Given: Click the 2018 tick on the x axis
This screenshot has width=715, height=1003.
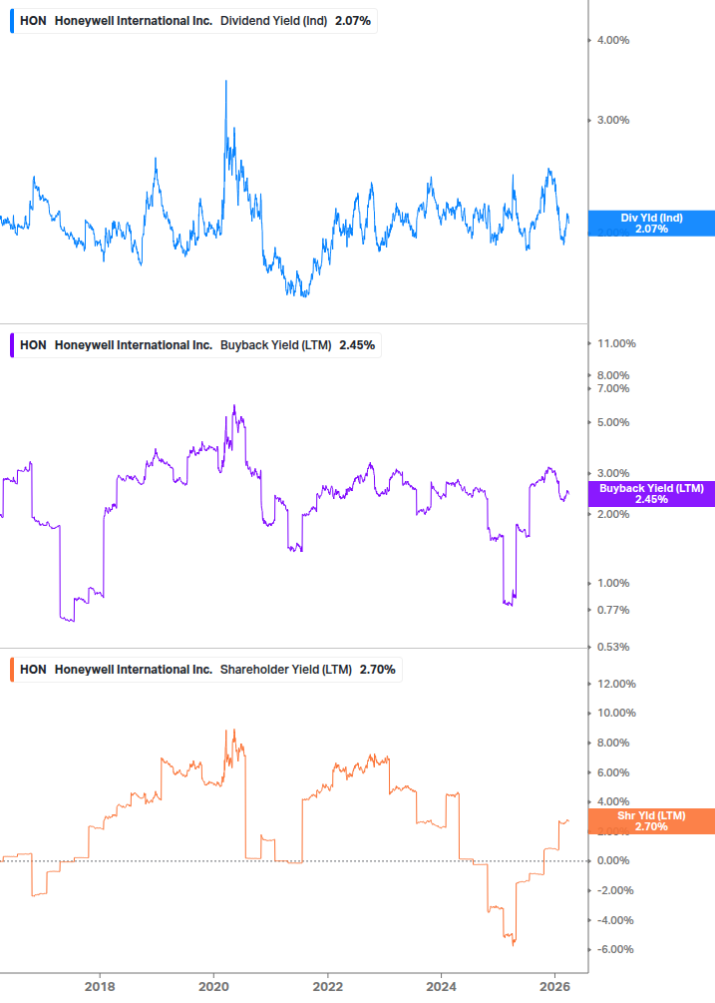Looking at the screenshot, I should click(99, 986).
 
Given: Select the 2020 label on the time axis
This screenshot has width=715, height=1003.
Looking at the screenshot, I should click(213, 986).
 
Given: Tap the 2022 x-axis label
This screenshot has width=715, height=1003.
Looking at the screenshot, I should click(328, 986).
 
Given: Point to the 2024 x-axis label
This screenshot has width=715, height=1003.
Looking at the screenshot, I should click(443, 986).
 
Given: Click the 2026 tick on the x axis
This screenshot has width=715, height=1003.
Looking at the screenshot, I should click(556, 986).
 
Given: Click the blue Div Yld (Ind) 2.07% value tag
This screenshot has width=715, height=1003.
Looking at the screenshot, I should click(651, 224).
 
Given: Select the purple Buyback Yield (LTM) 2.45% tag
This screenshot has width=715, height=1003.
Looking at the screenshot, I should click(651, 493).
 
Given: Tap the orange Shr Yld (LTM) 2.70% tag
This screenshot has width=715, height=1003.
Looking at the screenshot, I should click(651, 821).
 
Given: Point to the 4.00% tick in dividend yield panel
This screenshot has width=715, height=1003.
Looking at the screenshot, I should click(612, 40).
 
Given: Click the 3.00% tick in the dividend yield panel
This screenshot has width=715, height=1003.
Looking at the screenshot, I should click(612, 120).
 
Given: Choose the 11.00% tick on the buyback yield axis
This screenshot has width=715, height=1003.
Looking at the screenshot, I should click(615, 343).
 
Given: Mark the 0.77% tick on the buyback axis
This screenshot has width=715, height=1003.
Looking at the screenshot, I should click(612, 610).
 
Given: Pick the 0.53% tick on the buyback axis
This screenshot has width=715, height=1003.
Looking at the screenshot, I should click(612, 647).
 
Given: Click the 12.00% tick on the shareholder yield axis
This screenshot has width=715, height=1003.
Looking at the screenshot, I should click(615, 684).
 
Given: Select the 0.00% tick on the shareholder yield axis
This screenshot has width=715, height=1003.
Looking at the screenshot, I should click(612, 860).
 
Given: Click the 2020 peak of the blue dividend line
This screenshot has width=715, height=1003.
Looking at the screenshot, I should click(225, 81).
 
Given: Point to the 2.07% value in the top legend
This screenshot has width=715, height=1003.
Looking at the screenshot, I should click(351, 20).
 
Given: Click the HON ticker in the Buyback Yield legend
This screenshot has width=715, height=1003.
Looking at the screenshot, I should click(33, 345).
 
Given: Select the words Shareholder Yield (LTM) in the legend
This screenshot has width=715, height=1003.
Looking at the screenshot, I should click(285, 669).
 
